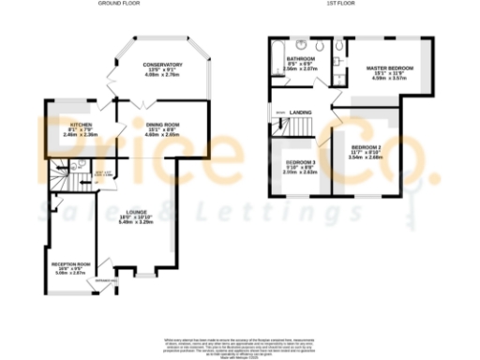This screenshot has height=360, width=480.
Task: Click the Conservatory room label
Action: pyautogui.click(x=162, y=65)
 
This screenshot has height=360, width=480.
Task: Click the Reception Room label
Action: pyautogui.click(x=69, y=264)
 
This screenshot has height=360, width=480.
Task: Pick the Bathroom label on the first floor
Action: pyautogui.click(x=299, y=59)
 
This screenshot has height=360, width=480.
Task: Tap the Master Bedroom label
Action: pyautogui.click(x=389, y=69)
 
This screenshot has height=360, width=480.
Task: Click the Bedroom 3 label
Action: pyautogui.click(x=302, y=162)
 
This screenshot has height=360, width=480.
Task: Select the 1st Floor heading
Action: pyautogui.click(x=338, y=4)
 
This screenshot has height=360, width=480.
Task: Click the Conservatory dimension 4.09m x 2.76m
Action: pyautogui.click(x=162, y=75)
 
